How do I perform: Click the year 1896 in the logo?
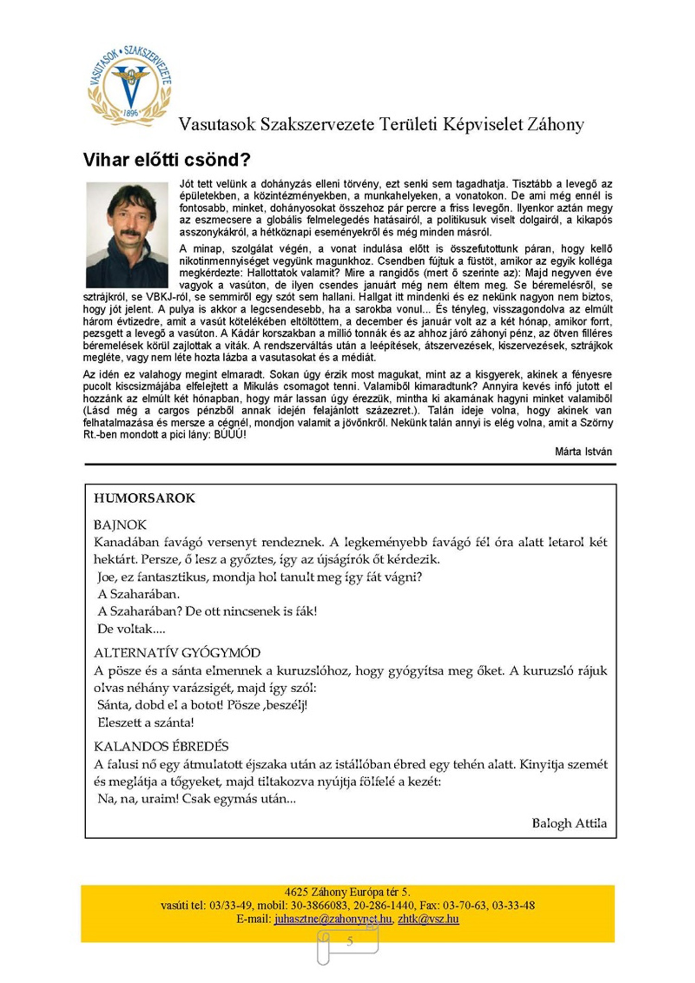(132, 112)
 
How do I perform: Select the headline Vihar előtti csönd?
(167, 160)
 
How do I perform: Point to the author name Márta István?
(583, 451)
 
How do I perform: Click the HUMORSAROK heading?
(145, 498)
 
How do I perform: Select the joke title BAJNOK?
(120, 525)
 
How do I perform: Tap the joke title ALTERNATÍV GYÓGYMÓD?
(177, 653)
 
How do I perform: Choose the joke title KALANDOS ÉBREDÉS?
(161, 747)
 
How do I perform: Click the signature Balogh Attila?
(569, 823)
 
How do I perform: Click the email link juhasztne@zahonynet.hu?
(333, 919)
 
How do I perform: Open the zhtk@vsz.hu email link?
(428, 919)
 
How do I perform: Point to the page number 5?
(350, 941)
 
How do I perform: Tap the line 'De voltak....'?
(132, 629)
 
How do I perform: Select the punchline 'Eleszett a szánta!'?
(146, 722)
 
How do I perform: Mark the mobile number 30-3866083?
(319, 905)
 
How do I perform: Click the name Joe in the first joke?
(106, 577)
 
